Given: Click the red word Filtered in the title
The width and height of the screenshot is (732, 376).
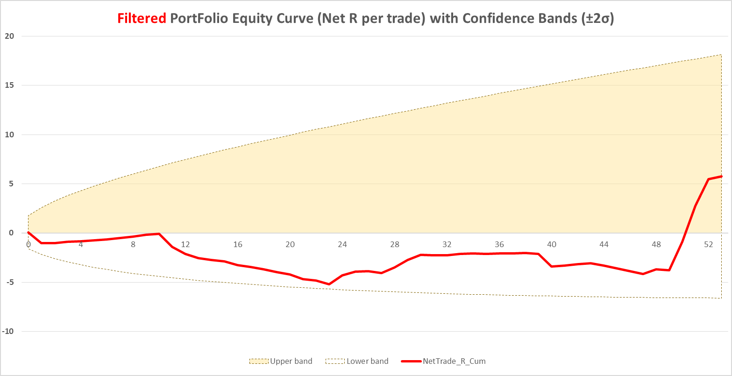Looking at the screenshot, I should [x=142, y=19].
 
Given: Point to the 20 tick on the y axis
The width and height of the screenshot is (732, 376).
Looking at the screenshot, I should [x=10, y=36].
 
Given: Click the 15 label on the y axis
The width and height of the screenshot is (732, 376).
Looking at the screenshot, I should [x=10, y=85].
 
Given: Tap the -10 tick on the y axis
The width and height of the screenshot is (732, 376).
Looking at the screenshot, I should [x=8, y=332].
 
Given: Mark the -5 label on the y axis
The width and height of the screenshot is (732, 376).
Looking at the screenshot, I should [x=10, y=282].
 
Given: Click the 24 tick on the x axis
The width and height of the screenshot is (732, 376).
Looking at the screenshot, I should [x=342, y=244].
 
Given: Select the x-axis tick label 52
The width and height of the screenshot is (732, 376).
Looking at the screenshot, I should [x=709, y=244].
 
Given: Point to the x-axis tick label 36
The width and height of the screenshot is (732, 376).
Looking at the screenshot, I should [x=499, y=244].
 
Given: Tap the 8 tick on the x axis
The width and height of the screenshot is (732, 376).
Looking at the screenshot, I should [x=133, y=244].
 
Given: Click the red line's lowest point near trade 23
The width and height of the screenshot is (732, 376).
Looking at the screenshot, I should [x=329, y=284].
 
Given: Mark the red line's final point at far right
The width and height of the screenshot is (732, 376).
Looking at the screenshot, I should [x=722, y=176].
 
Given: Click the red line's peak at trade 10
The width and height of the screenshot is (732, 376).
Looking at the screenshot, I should [x=159, y=234].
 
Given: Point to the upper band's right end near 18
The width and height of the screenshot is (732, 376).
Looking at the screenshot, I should [x=721, y=55].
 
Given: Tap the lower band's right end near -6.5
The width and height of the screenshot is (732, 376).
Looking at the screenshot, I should [x=721, y=298].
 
